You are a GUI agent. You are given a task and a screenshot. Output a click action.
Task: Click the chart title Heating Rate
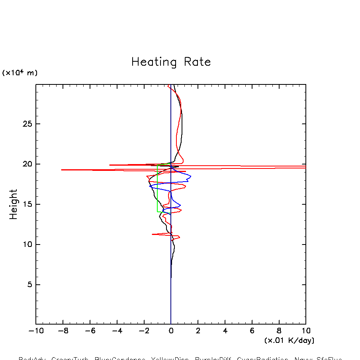click(171, 62)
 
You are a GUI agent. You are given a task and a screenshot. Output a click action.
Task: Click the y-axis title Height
click(14, 204)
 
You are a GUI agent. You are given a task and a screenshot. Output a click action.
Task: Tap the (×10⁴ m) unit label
click(20, 73)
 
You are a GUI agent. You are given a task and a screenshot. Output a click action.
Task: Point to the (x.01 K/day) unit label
click(289, 340)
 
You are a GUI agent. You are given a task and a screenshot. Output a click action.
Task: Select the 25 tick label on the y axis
click(27, 124)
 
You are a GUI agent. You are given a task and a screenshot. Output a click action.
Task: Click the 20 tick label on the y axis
click(27, 164)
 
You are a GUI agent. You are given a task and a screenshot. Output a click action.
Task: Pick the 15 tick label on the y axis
click(27, 204)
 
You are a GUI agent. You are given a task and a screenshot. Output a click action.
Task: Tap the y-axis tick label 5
click(29, 284)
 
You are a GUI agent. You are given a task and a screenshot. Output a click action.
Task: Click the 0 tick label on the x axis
click(171, 331)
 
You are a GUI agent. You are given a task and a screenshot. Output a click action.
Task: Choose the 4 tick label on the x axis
click(225, 331)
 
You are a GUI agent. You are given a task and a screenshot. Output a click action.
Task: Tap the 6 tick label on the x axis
click(252, 331)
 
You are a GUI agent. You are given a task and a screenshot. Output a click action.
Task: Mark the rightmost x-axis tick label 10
click(306, 331)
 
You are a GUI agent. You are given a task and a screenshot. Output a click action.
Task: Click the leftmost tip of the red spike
click(61, 170)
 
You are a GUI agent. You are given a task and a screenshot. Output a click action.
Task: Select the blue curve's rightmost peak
click(191, 176)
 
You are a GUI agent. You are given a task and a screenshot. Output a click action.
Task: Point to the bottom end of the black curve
click(171, 278)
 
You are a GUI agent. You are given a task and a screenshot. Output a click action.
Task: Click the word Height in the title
click(14, 204)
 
